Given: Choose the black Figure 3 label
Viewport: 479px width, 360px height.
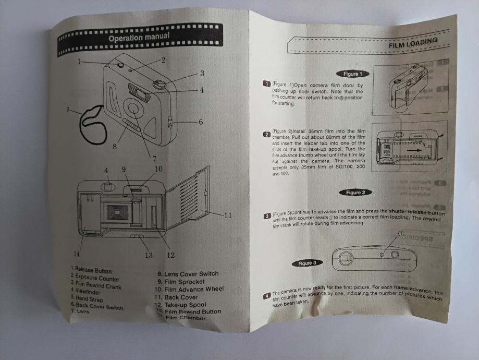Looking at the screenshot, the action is tap(307, 263).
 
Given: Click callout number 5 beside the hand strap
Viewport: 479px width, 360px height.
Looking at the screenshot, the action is tap(68, 110).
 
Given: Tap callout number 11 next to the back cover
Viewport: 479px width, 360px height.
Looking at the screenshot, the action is tap(227, 214).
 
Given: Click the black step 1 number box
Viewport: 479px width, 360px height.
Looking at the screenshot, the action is tap(266, 84).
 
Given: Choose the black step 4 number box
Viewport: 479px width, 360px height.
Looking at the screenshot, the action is tap(267, 296).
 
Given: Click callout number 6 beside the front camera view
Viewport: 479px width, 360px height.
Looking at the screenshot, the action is tap(200, 122).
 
